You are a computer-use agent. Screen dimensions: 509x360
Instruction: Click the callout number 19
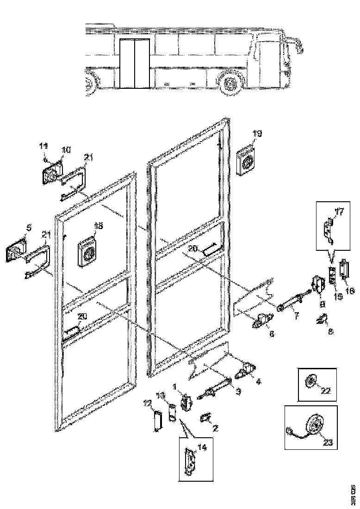point(257,134)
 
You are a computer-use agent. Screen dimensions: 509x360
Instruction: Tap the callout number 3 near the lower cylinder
point(238,391)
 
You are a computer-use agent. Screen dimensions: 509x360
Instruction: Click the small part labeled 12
point(157,422)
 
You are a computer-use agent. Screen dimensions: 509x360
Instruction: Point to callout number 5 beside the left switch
point(29,227)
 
